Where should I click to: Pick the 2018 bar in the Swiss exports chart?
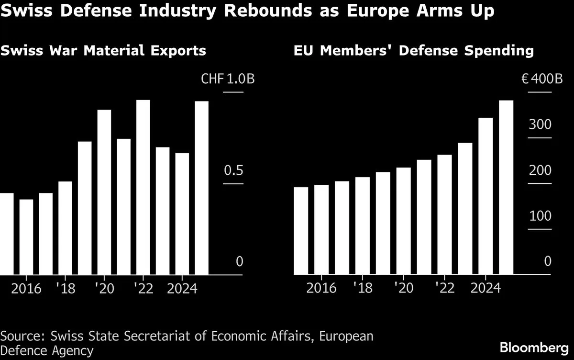click(65, 228)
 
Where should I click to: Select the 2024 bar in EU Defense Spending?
click(486, 196)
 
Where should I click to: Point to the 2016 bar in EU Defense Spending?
click(321, 230)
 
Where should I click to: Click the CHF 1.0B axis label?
click(228, 79)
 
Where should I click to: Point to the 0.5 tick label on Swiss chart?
click(234, 171)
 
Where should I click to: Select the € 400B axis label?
click(541, 79)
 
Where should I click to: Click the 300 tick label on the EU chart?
click(541, 125)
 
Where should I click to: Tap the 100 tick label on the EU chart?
click(541, 216)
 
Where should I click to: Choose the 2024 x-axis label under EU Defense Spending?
click(486, 290)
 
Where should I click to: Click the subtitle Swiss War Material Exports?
click(103, 50)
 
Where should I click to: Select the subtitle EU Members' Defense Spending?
click(413, 50)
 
